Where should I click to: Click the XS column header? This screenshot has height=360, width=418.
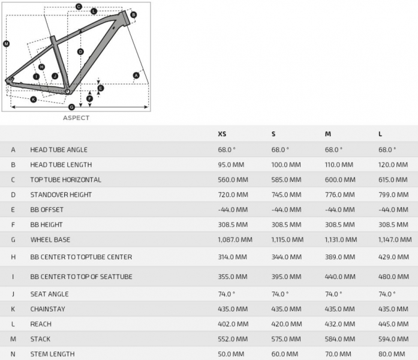(x=222, y=134)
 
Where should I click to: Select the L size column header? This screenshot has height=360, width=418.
(x=380, y=134)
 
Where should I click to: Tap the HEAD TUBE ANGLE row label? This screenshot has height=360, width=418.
(x=59, y=149)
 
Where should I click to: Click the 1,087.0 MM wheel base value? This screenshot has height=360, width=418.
(x=235, y=239)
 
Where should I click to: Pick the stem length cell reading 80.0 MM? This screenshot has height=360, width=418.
(x=393, y=354)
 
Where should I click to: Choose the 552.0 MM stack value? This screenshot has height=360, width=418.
(x=233, y=339)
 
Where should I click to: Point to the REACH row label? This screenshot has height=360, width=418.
(x=41, y=324)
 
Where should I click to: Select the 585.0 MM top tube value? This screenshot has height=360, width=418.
(x=287, y=179)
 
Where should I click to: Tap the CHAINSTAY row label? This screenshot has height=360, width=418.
(x=48, y=309)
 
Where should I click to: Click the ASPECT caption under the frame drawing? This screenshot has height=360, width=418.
(x=76, y=118)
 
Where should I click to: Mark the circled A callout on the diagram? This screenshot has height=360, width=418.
(x=136, y=75)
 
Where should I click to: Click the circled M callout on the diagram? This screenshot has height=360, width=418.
(x=6, y=44)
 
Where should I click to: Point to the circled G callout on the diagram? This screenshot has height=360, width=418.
(x=71, y=107)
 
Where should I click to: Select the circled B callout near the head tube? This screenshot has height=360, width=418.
(x=133, y=14)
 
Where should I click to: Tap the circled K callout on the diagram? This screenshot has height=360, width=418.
(x=33, y=99)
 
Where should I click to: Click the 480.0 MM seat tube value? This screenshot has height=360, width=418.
(x=393, y=277)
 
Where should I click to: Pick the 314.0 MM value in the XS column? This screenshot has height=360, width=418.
(x=233, y=257)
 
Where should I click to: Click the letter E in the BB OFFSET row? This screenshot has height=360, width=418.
(x=13, y=209)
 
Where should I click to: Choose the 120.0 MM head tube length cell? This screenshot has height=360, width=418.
(x=393, y=164)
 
